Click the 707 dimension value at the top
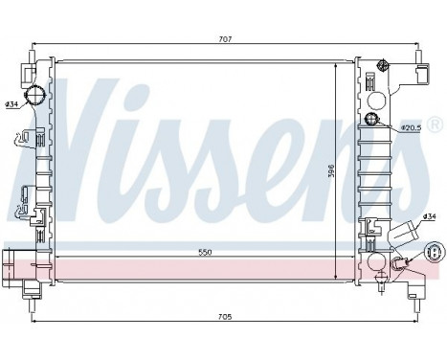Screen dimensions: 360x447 click(x=225, y=39)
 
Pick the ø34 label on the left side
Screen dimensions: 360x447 click(x=11, y=104)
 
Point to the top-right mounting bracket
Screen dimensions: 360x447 click(x=419, y=74)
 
